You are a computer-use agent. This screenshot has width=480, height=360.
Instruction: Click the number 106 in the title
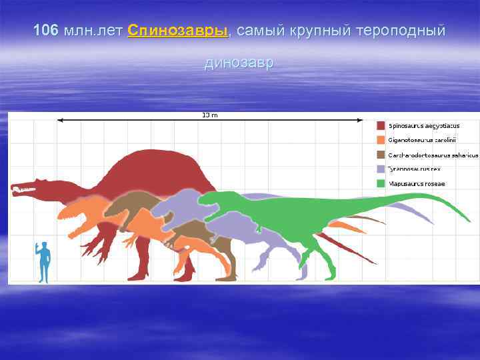click(x=45, y=31)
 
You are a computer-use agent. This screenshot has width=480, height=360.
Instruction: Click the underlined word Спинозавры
click(x=177, y=31)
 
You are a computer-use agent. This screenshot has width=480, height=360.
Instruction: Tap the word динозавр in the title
click(x=239, y=63)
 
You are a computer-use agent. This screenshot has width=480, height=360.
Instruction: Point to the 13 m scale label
click(x=210, y=115)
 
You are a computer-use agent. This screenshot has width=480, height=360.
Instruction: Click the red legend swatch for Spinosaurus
click(x=380, y=126)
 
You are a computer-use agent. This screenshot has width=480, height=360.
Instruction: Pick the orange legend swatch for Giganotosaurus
click(x=380, y=140)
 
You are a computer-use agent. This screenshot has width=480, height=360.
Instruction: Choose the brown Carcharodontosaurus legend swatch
click(x=380, y=155)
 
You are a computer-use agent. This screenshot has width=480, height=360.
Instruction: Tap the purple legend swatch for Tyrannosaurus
click(x=380, y=169)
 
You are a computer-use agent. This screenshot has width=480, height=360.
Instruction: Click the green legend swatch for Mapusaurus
click(x=380, y=183)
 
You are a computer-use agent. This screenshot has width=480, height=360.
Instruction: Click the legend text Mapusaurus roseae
click(x=417, y=183)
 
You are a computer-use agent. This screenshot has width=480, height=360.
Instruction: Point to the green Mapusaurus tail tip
click(x=469, y=220)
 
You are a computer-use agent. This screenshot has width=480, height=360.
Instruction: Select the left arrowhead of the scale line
click(x=60, y=120)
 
